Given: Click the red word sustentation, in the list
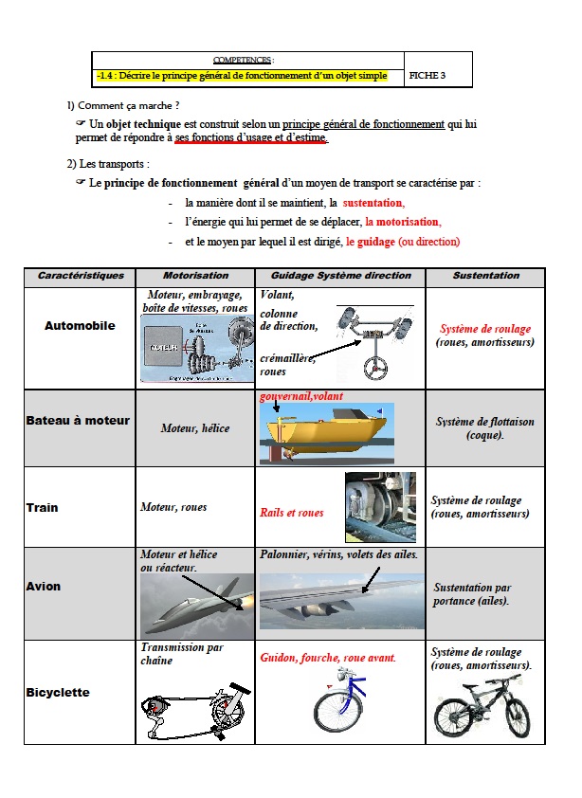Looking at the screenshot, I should point(373,203).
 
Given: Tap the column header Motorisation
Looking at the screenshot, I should point(195,276).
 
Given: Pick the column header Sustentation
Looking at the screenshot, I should point(485,276).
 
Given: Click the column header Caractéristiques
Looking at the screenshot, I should point(81,276).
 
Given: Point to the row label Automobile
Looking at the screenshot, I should point(80,326).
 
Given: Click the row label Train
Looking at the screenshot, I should point(42,508).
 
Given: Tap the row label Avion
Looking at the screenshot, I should point(43,587).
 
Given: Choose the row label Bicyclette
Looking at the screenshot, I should point(58,693).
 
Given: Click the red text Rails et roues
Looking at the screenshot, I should point(292,513).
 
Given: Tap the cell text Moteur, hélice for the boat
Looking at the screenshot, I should point(195,428).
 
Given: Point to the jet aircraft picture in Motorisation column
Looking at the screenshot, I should point(195,606).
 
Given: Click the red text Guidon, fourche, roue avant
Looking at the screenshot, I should point(328,657).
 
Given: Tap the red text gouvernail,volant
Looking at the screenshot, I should point(301,396).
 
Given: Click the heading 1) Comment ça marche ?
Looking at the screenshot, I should point(123,105).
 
